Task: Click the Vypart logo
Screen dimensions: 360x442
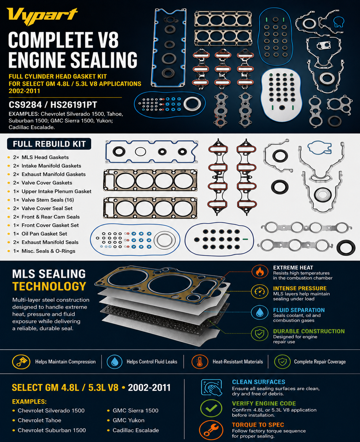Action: coord(42,16)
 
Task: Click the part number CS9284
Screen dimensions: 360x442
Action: coord(25,105)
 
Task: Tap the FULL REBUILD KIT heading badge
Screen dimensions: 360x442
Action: coord(49,144)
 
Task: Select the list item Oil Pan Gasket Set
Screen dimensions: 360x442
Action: coord(44,234)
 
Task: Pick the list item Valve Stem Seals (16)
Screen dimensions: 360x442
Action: coord(48,200)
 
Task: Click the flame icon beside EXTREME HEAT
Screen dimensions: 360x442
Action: coord(260,271)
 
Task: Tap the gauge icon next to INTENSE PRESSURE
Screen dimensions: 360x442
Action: coord(260,292)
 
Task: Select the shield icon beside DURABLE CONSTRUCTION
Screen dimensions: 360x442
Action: coord(260,334)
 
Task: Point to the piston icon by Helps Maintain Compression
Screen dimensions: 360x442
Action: coord(21,362)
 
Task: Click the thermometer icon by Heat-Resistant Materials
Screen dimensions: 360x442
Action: coord(199,362)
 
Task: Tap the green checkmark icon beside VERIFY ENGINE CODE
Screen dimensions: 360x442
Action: coord(211,408)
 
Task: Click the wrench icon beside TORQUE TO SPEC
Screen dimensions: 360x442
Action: coord(211,430)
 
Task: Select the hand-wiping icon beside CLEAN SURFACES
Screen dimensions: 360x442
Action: coord(211,387)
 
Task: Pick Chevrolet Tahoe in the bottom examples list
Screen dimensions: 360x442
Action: coord(40,420)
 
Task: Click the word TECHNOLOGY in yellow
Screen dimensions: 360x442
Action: coord(49,286)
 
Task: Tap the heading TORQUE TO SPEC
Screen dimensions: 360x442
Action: coord(258,425)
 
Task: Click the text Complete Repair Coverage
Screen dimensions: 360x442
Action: coord(320,362)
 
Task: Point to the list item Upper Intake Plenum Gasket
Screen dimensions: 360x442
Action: coord(56,191)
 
